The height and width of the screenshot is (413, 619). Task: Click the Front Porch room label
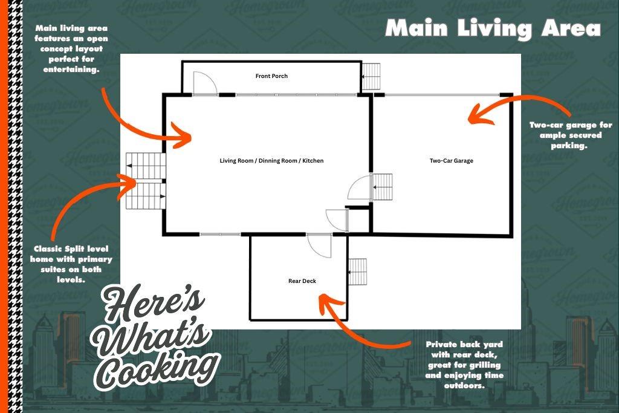pos(271,76)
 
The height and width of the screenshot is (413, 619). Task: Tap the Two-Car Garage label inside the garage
pos(451,161)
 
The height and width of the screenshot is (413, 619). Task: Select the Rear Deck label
pos(302,281)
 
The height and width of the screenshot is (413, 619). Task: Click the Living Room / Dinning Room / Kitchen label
pos(271,161)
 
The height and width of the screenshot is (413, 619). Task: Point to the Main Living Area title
pos(493,28)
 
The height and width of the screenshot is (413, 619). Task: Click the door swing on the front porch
pos(209,79)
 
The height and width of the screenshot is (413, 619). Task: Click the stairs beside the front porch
pos(371,76)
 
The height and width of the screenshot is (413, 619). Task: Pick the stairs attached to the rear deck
pos(357,272)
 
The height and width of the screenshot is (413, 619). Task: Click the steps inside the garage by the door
pos(382,187)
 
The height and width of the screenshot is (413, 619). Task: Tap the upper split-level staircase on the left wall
pos(146,166)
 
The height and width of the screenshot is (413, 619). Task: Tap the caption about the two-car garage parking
pos(571,135)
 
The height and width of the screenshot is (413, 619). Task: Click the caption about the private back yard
pos(464,365)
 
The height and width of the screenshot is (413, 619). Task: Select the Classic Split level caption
pos(71,264)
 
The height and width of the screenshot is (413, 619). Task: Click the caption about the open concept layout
pos(71,48)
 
